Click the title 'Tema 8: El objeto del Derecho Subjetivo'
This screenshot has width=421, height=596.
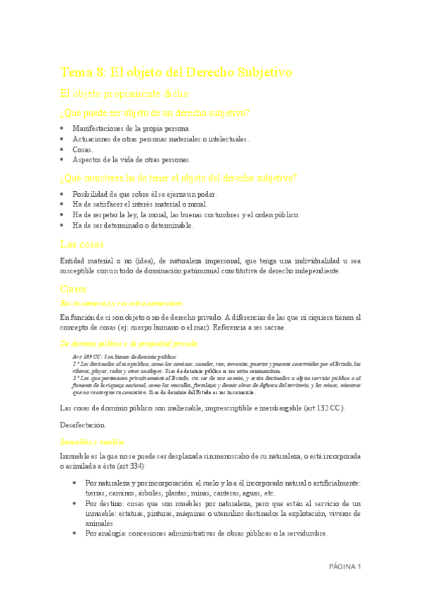click(x=176, y=72)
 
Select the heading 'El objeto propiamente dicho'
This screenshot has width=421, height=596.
click(x=124, y=93)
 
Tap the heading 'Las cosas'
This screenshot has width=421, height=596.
click(x=82, y=245)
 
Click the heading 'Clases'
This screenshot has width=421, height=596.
click(x=73, y=288)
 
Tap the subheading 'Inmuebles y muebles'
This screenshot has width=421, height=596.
click(x=92, y=441)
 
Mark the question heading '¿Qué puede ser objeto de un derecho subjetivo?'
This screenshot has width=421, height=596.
click(x=155, y=113)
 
